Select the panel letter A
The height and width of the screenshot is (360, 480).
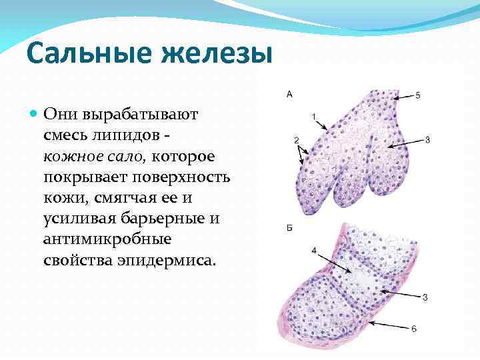tap(289, 95)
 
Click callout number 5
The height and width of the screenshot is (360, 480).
tap(417, 96)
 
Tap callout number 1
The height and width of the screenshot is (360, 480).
tap(313, 117)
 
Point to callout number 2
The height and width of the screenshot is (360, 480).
tap(295, 139)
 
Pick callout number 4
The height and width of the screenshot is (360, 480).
tap(313, 250)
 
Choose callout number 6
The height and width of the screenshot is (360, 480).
tap(413, 328)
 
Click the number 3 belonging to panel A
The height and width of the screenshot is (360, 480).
tap(427, 139)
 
